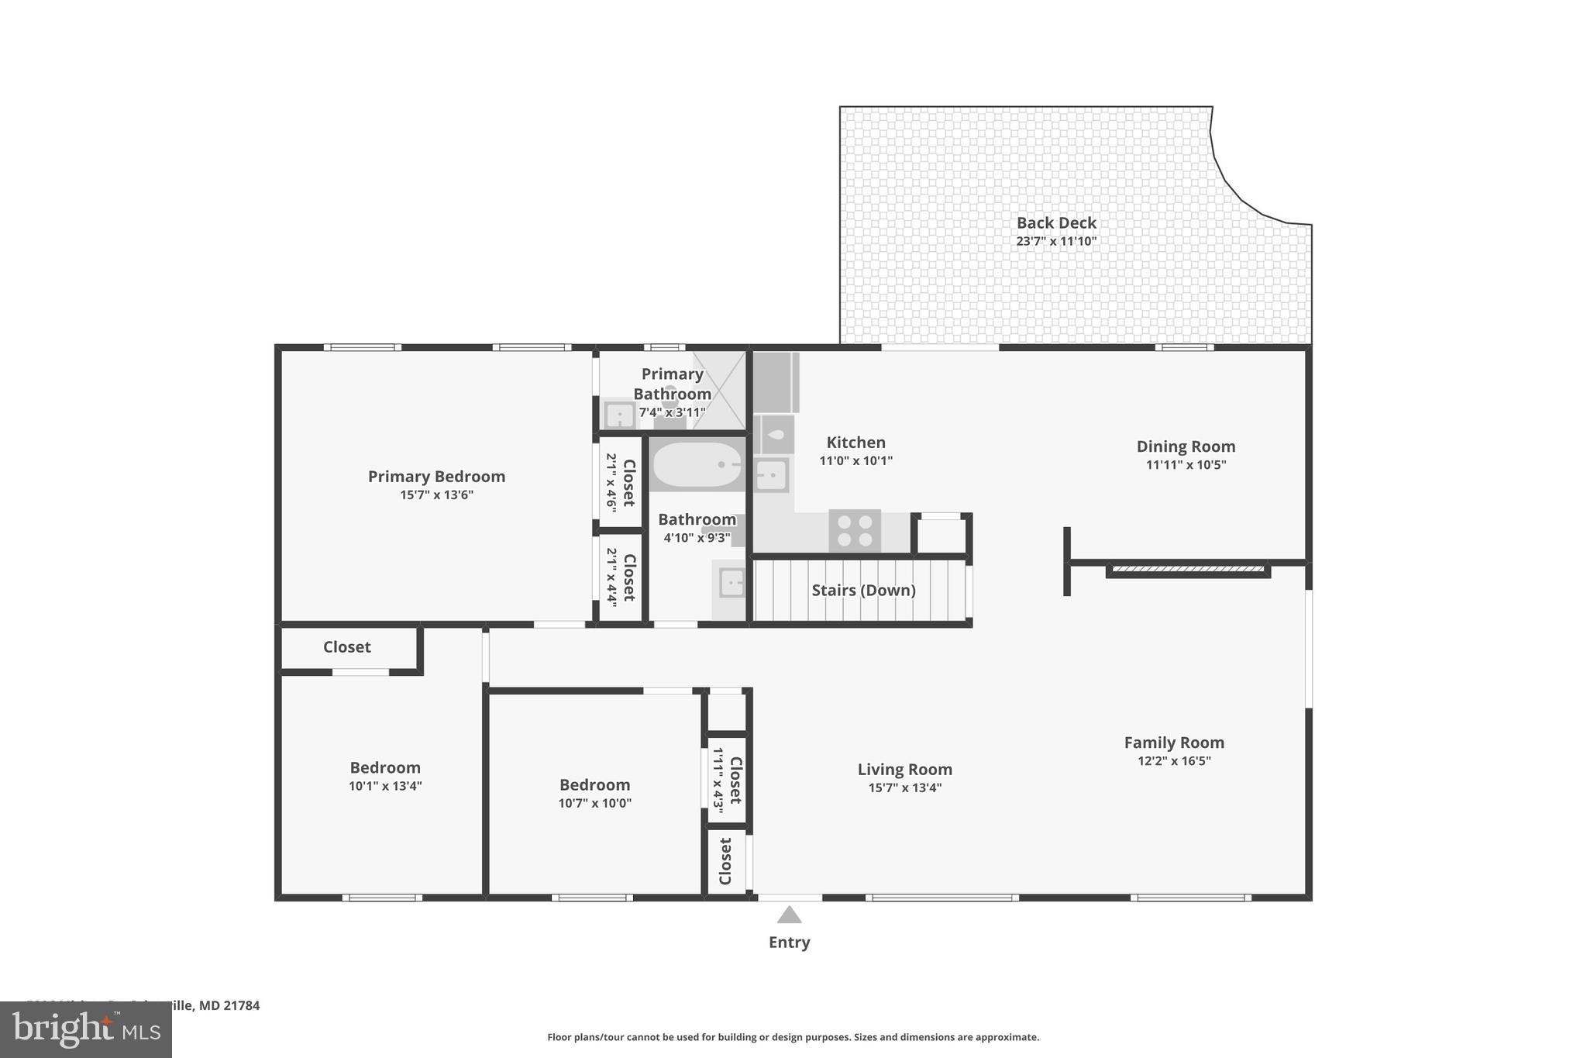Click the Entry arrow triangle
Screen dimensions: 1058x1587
tap(789, 915)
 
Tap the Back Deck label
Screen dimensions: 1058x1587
tap(1056, 223)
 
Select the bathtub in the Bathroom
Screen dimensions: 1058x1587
tap(697, 464)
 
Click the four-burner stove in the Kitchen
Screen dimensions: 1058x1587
tap(855, 531)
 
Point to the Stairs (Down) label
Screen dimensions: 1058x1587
tap(863, 591)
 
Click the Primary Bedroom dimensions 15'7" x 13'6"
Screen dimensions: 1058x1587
tap(436, 495)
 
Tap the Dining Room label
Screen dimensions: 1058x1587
tap(1186, 446)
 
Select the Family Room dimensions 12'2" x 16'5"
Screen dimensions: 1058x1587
tap(1174, 761)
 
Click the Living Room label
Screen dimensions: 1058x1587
tap(904, 770)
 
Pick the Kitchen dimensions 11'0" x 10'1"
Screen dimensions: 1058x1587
tap(855, 461)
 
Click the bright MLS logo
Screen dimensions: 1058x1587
tap(86, 1030)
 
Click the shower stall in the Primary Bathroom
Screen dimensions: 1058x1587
tap(719, 390)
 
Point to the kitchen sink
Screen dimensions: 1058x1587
tap(771, 474)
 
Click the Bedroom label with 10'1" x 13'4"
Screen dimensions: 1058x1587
tap(385, 768)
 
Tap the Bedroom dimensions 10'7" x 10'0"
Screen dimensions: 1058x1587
tap(594, 804)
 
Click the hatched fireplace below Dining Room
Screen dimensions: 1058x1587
tap(1188, 570)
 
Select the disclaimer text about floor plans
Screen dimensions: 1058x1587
tap(793, 1037)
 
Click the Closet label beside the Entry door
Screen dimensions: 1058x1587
tap(726, 861)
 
